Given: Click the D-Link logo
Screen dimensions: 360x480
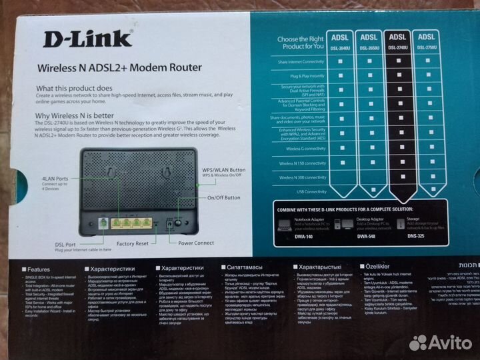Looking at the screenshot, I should coord(88,38).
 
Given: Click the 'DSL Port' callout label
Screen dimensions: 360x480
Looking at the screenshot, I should coord(47,243).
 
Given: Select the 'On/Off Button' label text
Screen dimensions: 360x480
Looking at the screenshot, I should coord(223,197).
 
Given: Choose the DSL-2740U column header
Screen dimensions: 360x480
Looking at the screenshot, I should coord(397,41).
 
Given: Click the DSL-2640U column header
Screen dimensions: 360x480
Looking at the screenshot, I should coord(340,41).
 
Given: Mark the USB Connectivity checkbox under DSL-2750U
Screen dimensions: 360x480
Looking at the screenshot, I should coord(426,192).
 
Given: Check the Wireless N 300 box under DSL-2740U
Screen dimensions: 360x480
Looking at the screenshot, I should coord(397,177).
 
